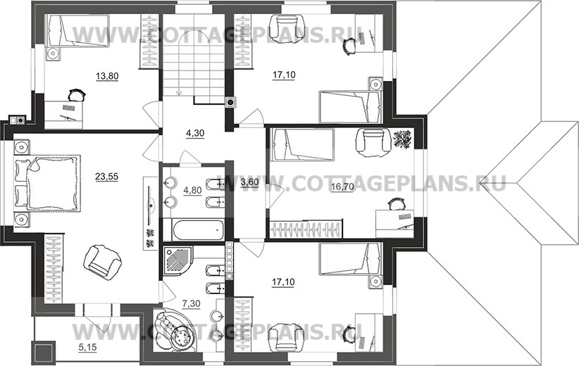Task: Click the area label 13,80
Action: [x=107, y=77]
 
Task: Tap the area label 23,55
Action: [x=107, y=177]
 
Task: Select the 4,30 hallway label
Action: [x=195, y=133]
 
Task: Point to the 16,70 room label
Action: [x=342, y=187]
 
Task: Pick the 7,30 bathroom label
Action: [x=192, y=303]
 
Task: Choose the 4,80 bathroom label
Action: [x=193, y=190]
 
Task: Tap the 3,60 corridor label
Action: [x=249, y=182]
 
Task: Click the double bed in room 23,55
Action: [x=47, y=184]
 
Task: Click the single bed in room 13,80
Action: [x=77, y=31]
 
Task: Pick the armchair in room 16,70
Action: [x=373, y=141]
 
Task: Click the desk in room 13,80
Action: [x=63, y=115]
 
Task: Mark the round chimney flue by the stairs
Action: [x=231, y=103]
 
